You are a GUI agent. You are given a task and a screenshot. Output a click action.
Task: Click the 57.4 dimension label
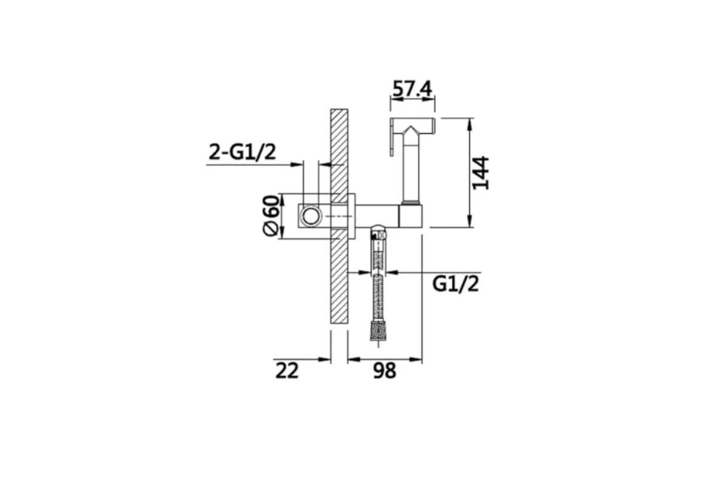(x=412, y=89)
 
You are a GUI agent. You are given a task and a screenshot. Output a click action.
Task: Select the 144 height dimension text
(x=480, y=173)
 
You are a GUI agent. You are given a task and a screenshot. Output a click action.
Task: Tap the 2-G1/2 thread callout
(x=242, y=152)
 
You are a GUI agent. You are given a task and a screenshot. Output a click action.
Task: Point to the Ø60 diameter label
(x=271, y=215)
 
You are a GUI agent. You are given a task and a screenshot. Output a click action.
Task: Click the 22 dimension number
(x=287, y=370)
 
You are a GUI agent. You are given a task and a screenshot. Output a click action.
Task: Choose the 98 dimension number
(x=385, y=370)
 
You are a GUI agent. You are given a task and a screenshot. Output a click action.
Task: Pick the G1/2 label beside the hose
(x=456, y=284)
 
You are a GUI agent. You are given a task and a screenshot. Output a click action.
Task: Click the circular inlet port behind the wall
(x=311, y=216)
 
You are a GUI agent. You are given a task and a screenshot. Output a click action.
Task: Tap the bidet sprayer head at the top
(x=413, y=127)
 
